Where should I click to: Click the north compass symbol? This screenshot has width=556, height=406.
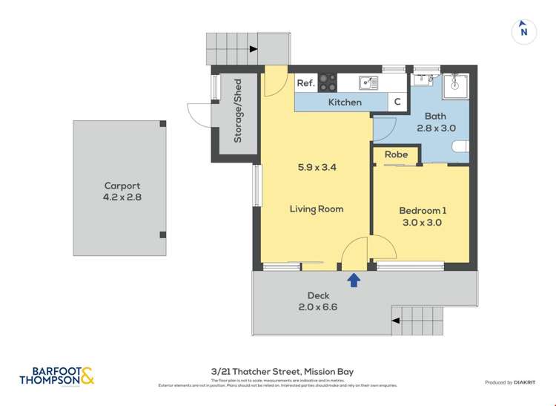(x=524, y=31)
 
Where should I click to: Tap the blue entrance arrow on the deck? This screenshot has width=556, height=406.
(x=354, y=279)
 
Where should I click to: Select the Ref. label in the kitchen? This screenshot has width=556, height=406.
(x=305, y=83)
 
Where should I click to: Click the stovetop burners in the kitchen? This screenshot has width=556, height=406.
(x=328, y=82)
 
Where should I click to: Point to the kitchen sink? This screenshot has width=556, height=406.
(x=368, y=82)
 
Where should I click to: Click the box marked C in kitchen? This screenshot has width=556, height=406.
(x=397, y=102)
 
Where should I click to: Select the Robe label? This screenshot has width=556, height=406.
(x=396, y=155)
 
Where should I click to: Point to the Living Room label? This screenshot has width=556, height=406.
(x=317, y=209)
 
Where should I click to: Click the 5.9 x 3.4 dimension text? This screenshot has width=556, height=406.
(x=317, y=168)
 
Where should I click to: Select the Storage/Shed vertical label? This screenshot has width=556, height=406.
(x=238, y=119)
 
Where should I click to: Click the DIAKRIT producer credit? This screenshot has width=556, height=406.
(x=509, y=382)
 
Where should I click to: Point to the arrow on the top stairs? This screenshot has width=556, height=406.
(x=254, y=49)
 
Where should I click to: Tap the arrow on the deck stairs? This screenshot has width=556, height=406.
(x=396, y=321)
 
